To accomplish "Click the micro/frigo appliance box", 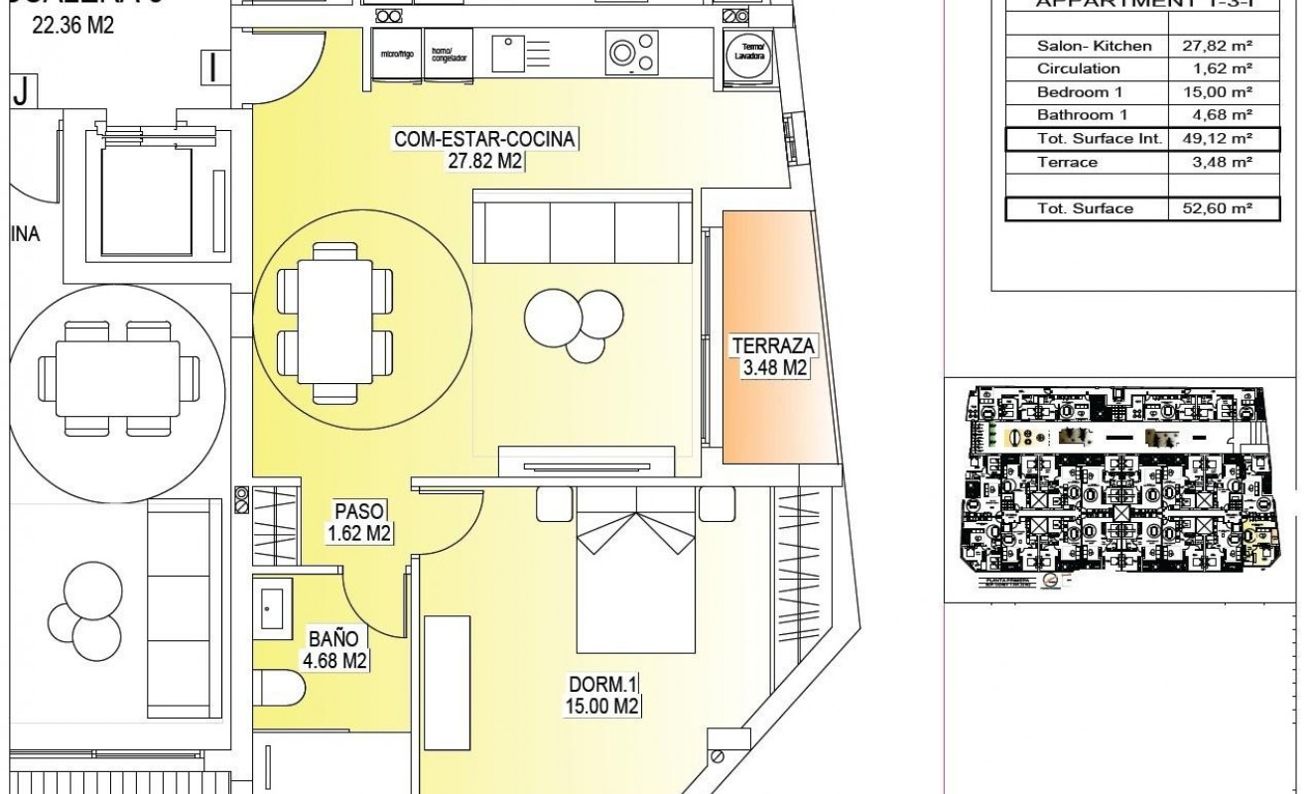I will tap(390, 54).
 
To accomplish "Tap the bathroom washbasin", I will tap(272, 605).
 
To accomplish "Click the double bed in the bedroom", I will tap(635, 571).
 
